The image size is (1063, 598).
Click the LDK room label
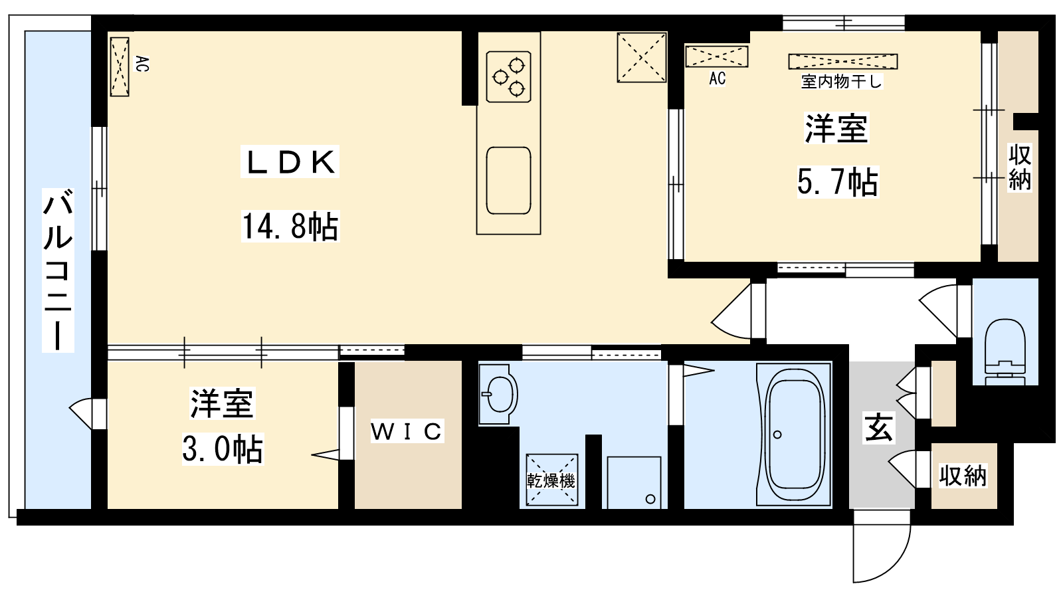tap(290, 162)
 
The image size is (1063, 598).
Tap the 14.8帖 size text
tap(290, 227)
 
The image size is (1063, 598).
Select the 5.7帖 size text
tap(838, 182)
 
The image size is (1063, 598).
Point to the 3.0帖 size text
tap(222, 448)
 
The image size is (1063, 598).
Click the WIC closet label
tap(407, 431)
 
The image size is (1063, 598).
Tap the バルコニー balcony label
tap(58, 270)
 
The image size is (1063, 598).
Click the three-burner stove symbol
tap(508, 77)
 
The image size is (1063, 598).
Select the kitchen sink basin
tap(508, 181)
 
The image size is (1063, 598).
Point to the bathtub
tap(793, 435)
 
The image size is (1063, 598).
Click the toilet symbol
tap(1005, 351)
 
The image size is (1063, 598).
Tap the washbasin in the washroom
tap(498, 394)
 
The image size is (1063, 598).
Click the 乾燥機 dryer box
tap(551, 480)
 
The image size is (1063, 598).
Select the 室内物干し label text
tap(841, 82)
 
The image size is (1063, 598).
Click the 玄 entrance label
tap(879, 428)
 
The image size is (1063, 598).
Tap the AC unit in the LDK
tap(120, 67)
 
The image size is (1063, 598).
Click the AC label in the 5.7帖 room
tap(717, 79)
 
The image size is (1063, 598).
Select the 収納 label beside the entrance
tap(963, 476)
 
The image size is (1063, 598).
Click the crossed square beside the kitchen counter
tap(642, 57)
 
